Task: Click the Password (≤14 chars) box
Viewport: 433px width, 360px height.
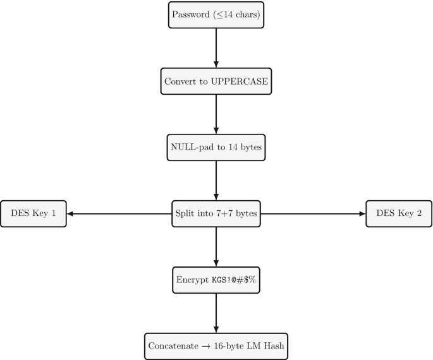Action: point(216,15)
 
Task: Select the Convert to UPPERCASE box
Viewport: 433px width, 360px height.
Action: point(216,81)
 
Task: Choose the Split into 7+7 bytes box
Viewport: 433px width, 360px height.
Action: point(216,213)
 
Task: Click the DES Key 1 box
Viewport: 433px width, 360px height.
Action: point(33,213)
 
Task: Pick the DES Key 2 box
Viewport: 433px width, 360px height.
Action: point(399,213)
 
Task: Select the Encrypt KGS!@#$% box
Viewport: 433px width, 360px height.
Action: point(216,280)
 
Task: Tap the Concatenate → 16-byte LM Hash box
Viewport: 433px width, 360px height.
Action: point(216,346)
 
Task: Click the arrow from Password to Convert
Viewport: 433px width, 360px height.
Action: point(216,48)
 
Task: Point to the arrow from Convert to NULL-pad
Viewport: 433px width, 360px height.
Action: point(216,114)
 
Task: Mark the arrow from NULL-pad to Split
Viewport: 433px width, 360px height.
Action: point(216,181)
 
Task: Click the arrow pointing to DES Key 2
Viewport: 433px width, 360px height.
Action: point(314,213)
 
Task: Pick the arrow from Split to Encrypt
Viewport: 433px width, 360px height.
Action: point(216,247)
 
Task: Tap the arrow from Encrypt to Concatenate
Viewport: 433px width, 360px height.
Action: point(216,313)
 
